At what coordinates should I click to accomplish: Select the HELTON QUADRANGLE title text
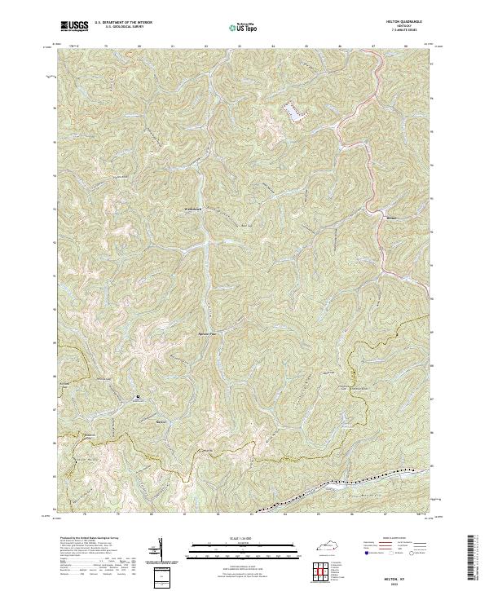[408, 22]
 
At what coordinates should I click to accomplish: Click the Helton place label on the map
[160, 422]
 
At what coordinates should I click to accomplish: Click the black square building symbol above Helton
[138, 397]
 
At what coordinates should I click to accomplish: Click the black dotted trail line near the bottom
[359, 480]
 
